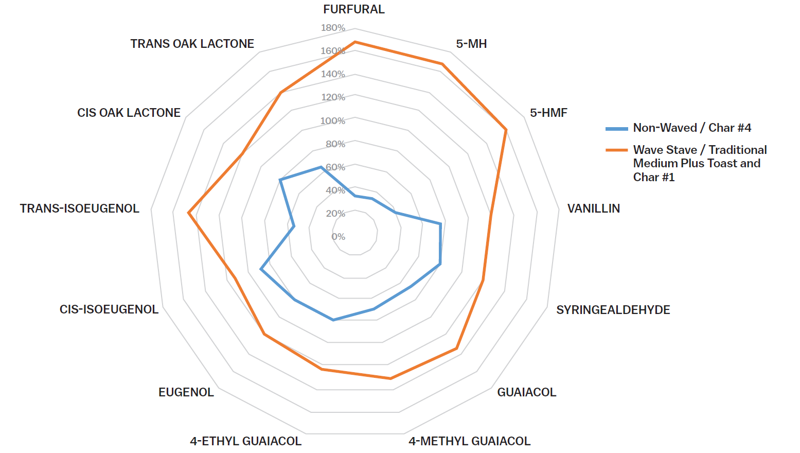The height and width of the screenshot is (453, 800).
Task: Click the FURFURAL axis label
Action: (353, 9)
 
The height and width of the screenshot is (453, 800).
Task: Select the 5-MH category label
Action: (471, 44)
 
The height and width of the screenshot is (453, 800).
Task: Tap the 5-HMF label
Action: (548, 113)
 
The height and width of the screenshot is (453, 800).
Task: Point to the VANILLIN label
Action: (593, 208)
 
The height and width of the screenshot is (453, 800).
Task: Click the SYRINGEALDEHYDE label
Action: (613, 310)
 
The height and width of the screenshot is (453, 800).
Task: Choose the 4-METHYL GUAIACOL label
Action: (469, 441)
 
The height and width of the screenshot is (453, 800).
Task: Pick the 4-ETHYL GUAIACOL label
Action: (245, 441)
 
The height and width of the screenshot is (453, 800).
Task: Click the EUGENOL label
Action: (186, 392)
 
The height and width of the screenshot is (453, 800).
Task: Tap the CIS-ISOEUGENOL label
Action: (109, 309)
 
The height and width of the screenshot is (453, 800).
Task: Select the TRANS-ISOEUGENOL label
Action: (79, 208)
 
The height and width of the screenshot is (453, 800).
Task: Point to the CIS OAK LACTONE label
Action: (129, 113)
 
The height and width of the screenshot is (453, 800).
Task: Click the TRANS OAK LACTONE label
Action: (192, 44)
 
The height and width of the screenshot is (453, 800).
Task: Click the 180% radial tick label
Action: (333, 28)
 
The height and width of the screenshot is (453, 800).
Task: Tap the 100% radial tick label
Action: (333, 121)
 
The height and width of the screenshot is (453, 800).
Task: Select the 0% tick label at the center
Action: (338, 237)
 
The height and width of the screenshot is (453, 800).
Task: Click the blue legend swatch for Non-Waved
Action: (616, 128)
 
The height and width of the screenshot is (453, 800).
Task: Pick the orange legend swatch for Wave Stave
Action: (616, 150)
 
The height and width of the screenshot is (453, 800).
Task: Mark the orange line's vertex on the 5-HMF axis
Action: (506, 130)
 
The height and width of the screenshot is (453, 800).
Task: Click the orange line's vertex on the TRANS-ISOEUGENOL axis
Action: (188, 213)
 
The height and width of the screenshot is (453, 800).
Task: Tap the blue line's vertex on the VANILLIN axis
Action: (440, 224)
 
